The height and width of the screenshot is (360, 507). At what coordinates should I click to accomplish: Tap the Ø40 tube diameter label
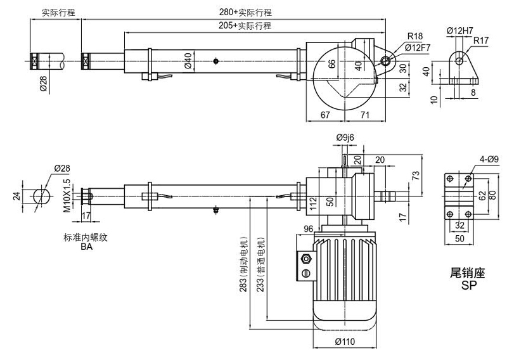188,61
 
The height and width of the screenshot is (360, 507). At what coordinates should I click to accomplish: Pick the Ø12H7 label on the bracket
461,30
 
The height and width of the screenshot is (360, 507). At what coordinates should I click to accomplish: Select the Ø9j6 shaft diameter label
346,137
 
